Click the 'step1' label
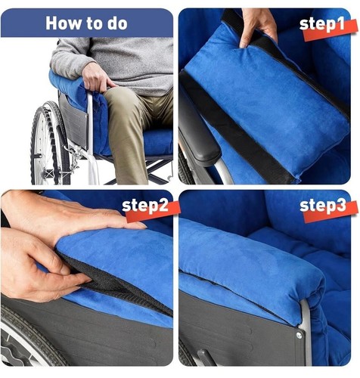click(x=322, y=24)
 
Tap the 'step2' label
click(x=145, y=206)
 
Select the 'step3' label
click(x=323, y=206)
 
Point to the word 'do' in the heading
click(x=117, y=23)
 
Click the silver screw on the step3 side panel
click(x=299, y=335)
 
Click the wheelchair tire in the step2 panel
click(x=28, y=338)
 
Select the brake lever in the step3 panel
click(x=206, y=358)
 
